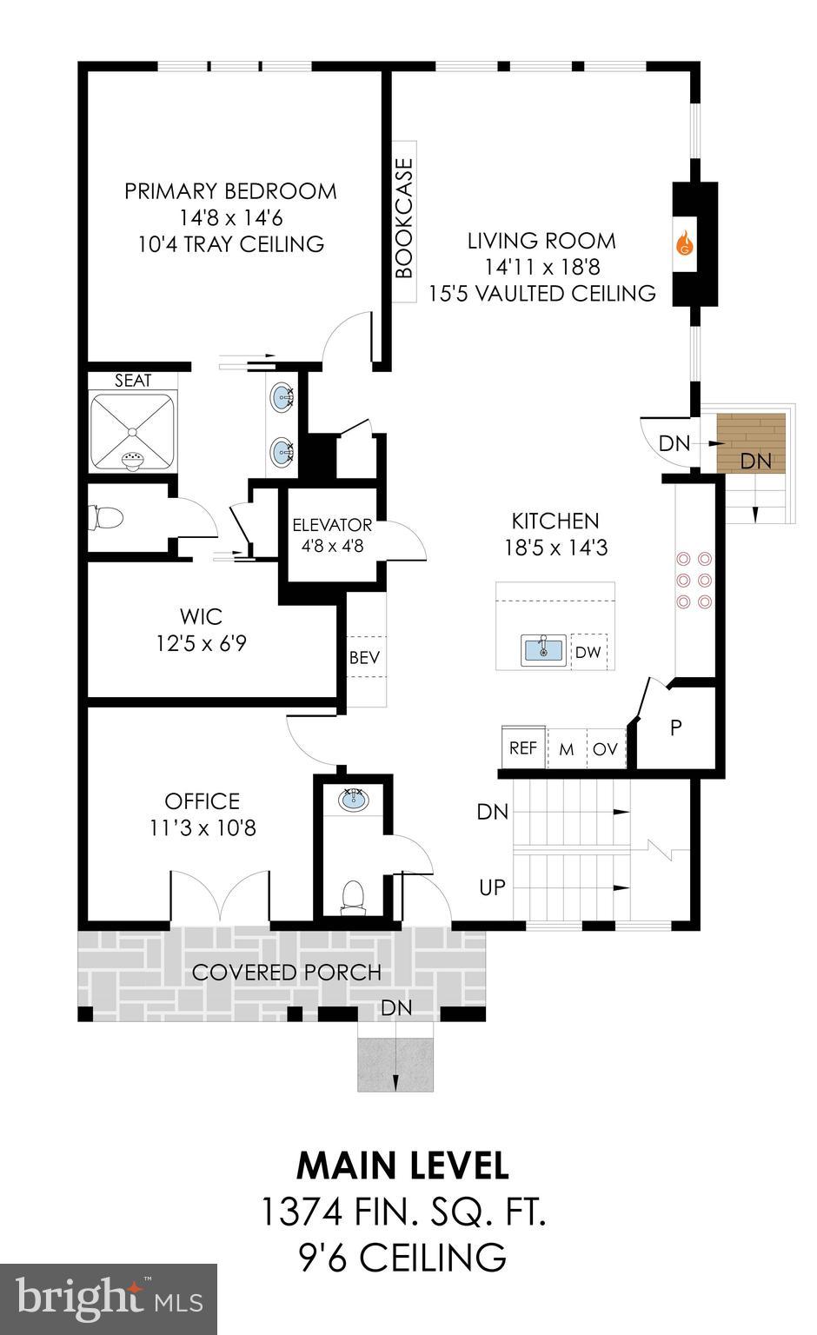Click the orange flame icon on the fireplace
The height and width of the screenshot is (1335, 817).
pyautogui.click(x=685, y=244)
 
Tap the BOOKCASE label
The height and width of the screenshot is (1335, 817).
pyautogui.click(x=403, y=217)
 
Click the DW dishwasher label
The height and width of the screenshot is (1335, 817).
pyautogui.click(x=588, y=652)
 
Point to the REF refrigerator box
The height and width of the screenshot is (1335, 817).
pyautogui.click(x=523, y=747)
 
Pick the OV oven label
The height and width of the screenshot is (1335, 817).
pyautogui.click(x=605, y=748)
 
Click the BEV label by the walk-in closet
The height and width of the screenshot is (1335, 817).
pyautogui.click(x=364, y=657)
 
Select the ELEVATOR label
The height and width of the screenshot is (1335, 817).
pyautogui.click(x=332, y=525)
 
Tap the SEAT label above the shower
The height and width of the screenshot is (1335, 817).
pyautogui.click(x=133, y=381)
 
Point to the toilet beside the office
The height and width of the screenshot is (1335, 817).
pyautogui.click(x=353, y=896)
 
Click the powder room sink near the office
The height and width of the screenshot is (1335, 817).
pyautogui.click(x=354, y=800)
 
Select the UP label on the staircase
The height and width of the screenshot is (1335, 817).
pyautogui.click(x=492, y=887)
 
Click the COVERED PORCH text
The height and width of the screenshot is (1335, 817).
pyautogui.click(x=286, y=972)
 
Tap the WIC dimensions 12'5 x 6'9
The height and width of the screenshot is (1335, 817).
pyautogui.click(x=202, y=644)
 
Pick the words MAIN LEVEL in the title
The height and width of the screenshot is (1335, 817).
pyautogui.click(x=402, y=1166)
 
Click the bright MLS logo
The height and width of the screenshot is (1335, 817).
pyautogui.click(x=109, y=1298)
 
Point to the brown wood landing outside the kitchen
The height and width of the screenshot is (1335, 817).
pyautogui.click(x=750, y=442)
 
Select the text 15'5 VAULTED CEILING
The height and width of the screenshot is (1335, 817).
pyautogui.click(x=541, y=294)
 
